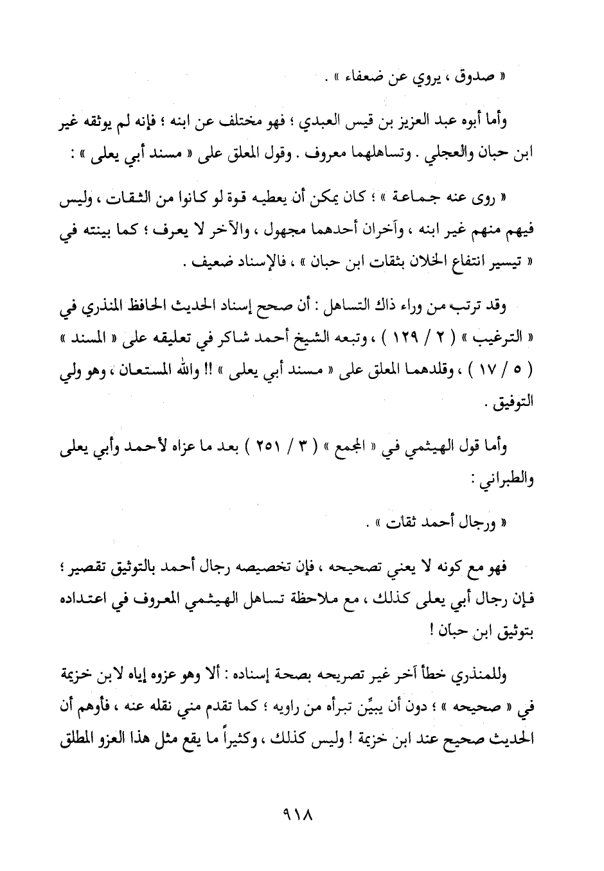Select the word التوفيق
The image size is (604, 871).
(x=511, y=405)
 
